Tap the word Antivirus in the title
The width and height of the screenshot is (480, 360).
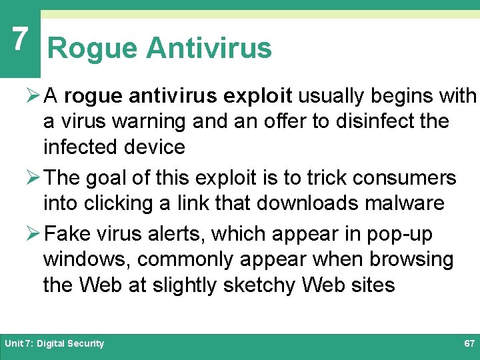209,49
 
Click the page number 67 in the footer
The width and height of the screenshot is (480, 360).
469,343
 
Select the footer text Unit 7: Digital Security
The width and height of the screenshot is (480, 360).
55,343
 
